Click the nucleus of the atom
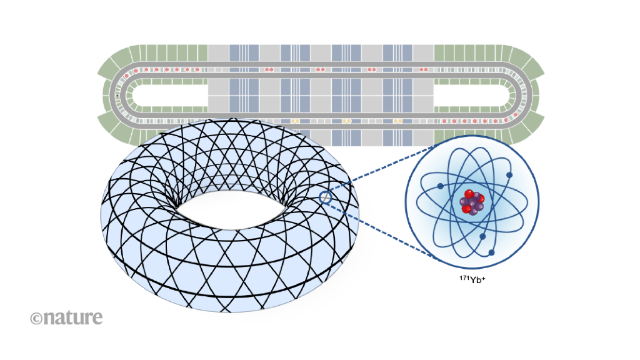point(472,201)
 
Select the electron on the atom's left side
point(441,186)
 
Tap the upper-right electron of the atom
point(509,175)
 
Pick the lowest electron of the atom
point(492,252)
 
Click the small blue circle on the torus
point(324,197)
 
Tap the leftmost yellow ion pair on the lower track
point(295,120)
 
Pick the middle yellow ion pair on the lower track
point(346,120)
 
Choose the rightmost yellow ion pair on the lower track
point(397,120)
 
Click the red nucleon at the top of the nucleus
point(469,194)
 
